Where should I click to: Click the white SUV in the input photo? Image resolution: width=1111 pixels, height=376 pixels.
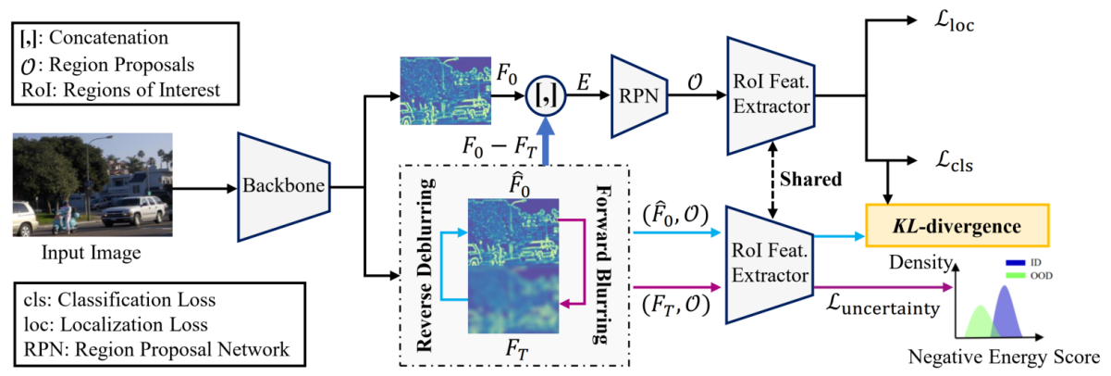click(x=136, y=211)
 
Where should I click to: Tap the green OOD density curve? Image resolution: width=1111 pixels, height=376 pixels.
click(x=981, y=320)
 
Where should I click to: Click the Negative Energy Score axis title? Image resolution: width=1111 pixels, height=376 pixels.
click(x=1005, y=357)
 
